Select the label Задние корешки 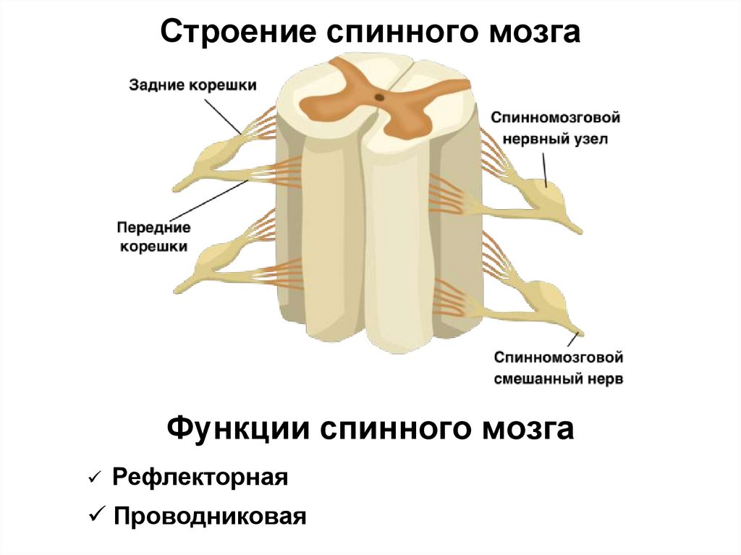[192, 85]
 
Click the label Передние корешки [153, 237]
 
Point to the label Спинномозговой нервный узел [555, 127]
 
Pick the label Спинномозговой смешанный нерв [559, 368]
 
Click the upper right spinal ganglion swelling [551, 194]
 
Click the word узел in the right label [590, 138]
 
